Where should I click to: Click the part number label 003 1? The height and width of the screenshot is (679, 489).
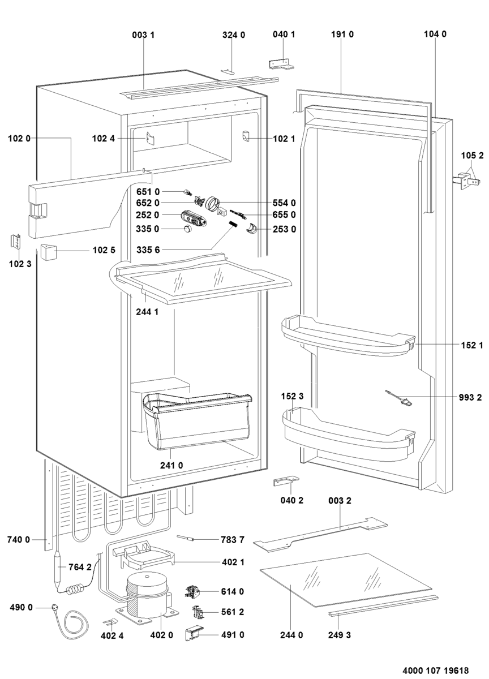click(x=143, y=35)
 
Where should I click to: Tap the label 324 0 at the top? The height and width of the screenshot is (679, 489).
click(x=233, y=35)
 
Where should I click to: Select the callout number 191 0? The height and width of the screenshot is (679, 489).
click(x=342, y=35)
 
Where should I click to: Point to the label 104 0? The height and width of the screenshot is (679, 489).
click(x=435, y=35)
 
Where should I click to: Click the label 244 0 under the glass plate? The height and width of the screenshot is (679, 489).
click(x=291, y=635)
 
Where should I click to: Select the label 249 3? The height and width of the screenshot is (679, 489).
click(x=340, y=635)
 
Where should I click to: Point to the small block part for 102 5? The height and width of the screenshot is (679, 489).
click(x=47, y=250)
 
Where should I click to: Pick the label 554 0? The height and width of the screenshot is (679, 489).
click(x=285, y=203)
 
